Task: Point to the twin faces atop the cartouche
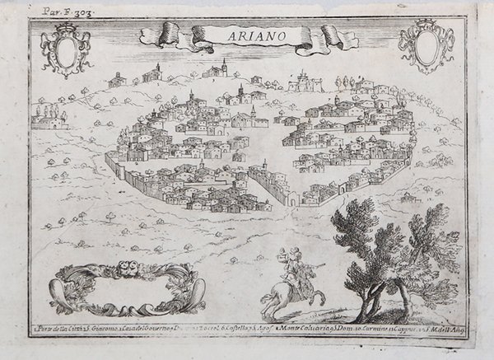pyautogui.click(x=124, y=269)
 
